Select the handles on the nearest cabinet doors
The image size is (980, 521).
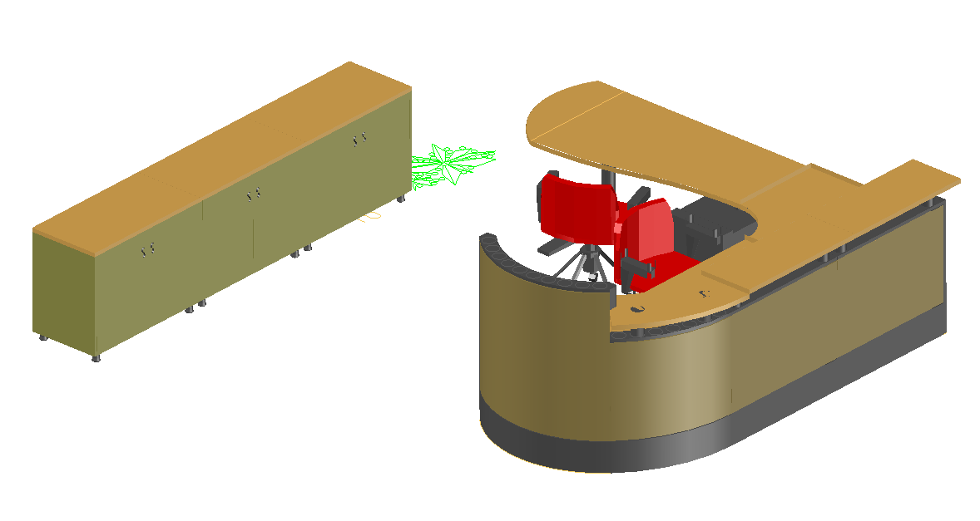148,249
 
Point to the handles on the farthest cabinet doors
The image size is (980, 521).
359,140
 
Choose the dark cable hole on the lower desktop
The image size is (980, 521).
637,310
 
